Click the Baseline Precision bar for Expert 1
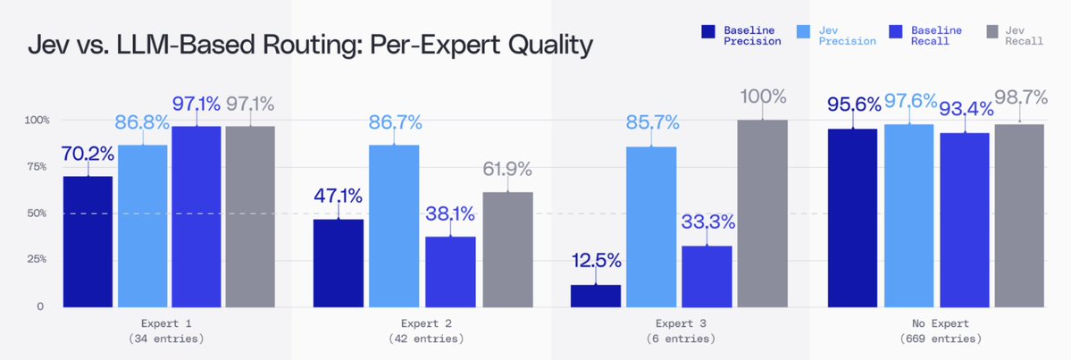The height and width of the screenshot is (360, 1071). (x=88, y=242)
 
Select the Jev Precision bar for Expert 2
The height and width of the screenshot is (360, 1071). (x=394, y=226)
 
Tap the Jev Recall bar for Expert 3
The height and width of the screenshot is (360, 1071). (x=762, y=213)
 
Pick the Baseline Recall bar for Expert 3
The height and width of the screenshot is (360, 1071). (x=707, y=277)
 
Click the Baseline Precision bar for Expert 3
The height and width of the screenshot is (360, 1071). (x=596, y=296)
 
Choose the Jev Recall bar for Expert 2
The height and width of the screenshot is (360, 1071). (x=508, y=250)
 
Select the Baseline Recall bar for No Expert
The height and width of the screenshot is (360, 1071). (x=965, y=220)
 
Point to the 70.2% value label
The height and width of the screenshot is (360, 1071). (x=88, y=154)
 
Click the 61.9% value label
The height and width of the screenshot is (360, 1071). (x=507, y=169)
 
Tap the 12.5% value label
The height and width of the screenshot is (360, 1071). (x=596, y=260)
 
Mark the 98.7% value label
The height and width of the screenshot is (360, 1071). (x=1021, y=97)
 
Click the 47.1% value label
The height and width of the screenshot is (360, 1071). (x=339, y=196)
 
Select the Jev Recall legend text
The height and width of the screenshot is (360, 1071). (x=1024, y=36)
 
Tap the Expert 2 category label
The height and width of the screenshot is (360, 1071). (x=426, y=323)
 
